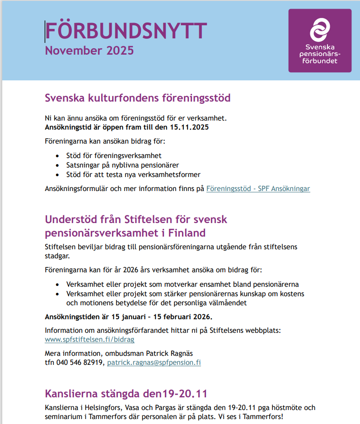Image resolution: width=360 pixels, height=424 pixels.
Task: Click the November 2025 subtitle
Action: tap(89, 50)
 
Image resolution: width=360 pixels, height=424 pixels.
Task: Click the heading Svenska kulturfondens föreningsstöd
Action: tap(138, 98)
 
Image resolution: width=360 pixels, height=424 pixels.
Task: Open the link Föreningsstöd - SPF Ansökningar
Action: tap(258, 189)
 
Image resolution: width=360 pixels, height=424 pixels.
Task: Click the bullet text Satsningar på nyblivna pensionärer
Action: tap(122, 165)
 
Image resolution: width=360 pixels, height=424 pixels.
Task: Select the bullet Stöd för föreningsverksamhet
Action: tap(113, 156)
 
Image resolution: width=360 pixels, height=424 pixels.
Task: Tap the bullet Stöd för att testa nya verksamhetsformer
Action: tap(133, 174)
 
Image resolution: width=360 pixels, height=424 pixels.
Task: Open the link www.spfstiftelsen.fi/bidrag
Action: tap(89, 339)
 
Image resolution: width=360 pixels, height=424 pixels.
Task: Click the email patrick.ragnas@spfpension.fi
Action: tap(154, 362)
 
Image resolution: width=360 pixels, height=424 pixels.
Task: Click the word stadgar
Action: tap(57, 256)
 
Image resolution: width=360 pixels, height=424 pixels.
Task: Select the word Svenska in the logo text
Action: tap(320, 47)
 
